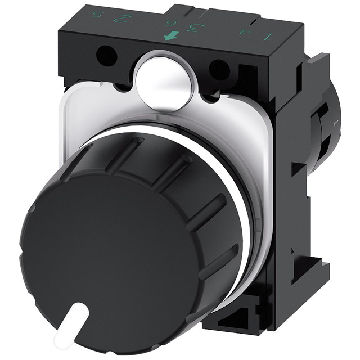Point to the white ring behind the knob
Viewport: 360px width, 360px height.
click(x=236, y=186)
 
